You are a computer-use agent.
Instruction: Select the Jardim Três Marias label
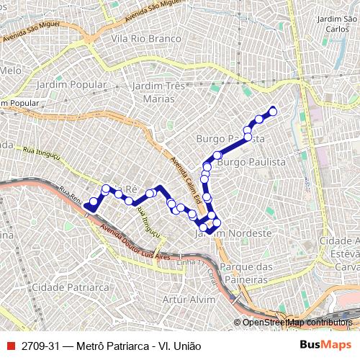(159, 92)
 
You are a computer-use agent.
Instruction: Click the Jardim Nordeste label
(233, 233)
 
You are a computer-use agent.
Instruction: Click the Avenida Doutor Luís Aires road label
(137, 245)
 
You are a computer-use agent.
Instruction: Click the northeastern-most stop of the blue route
(273, 110)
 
